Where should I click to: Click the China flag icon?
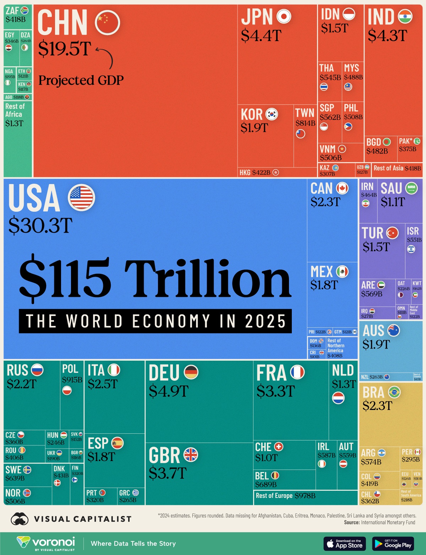(107, 22)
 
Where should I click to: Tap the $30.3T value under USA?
(40, 225)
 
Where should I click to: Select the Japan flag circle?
(284, 16)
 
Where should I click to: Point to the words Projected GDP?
(81, 81)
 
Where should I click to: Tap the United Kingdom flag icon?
(191, 455)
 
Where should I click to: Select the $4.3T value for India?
(387, 36)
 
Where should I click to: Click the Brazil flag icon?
(394, 392)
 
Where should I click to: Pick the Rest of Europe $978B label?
(285, 496)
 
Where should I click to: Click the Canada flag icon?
(342, 188)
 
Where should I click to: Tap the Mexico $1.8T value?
(324, 285)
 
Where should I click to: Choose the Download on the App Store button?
(345, 544)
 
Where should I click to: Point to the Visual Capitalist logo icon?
(20, 519)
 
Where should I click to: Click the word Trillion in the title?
(207, 279)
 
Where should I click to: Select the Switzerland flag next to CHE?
(279, 447)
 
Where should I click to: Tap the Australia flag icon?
(393, 331)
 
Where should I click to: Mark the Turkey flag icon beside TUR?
(392, 233)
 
